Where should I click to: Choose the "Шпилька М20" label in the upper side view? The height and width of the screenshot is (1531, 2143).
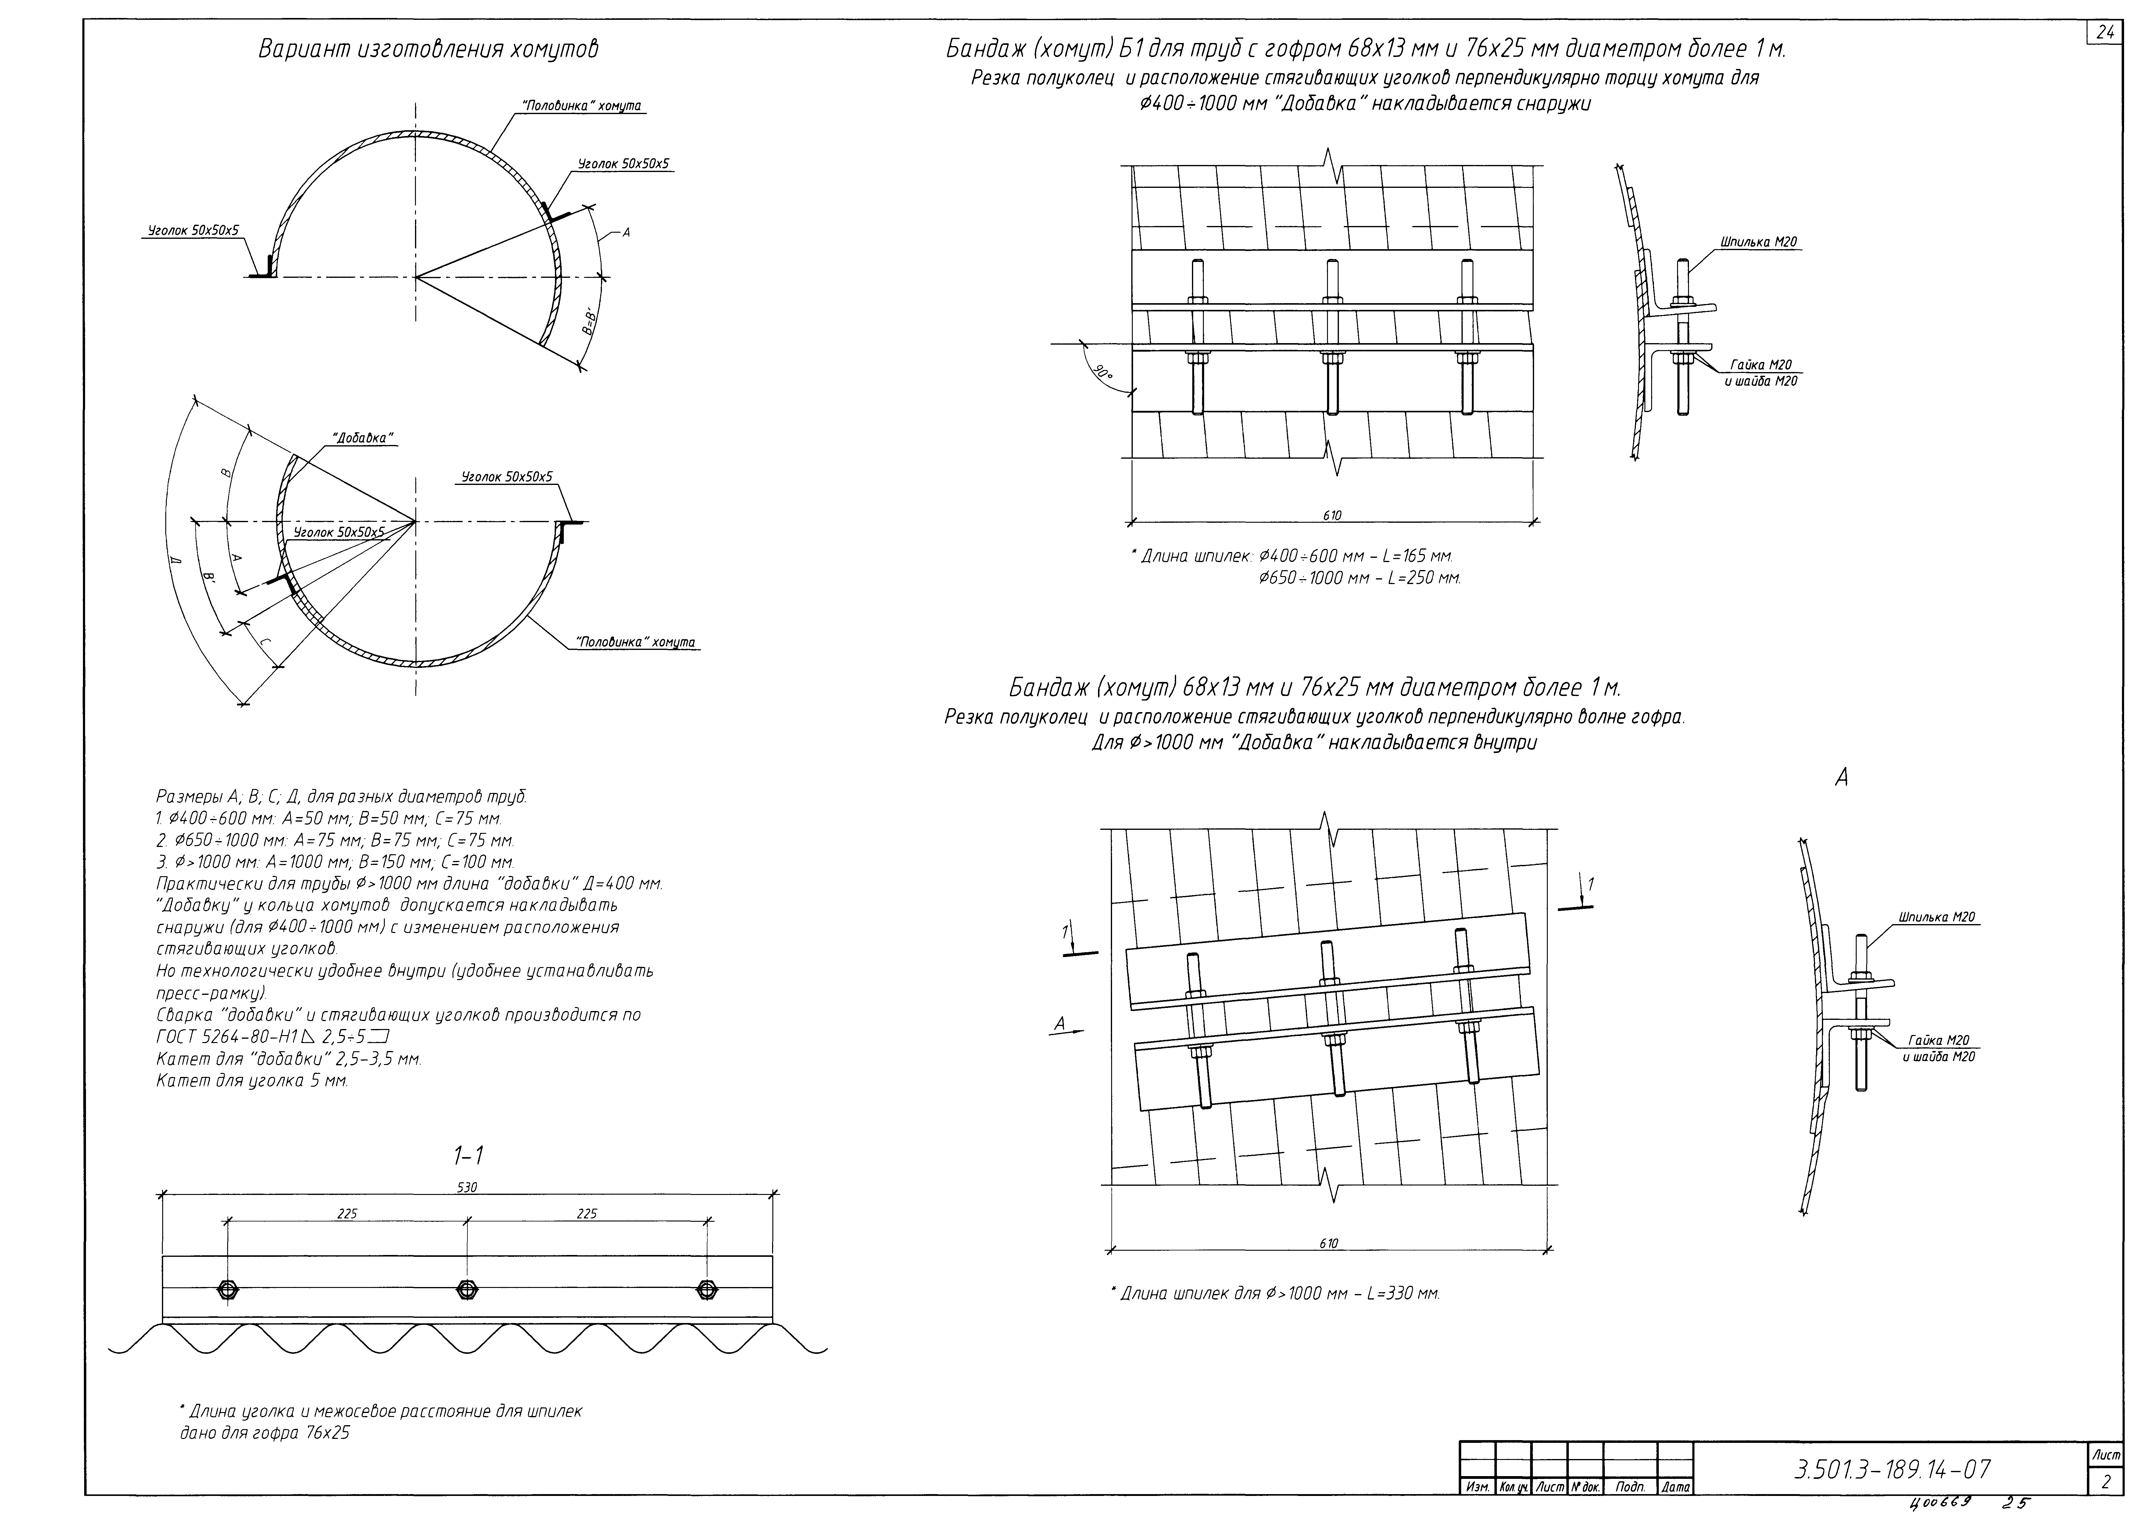(1758, 242)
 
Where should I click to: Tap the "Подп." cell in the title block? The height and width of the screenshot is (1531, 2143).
(1630, 1487)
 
